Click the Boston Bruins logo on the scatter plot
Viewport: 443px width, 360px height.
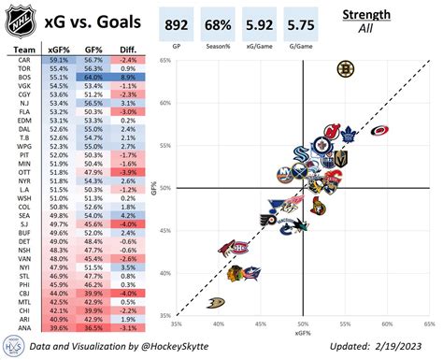pos(346,68)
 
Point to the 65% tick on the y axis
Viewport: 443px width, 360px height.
pos(164,63)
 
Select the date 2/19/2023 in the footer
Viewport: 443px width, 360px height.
pos(407,346)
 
